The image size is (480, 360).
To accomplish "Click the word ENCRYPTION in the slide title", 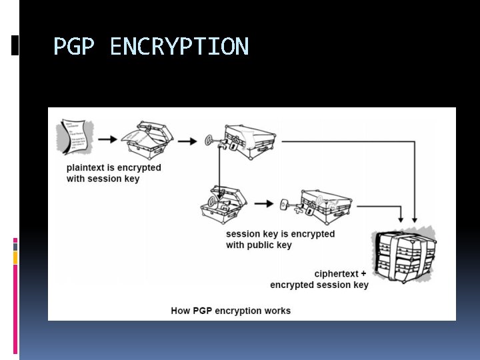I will [179, 47].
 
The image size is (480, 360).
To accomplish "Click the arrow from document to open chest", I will [107, 139].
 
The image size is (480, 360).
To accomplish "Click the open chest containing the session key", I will [224, 204].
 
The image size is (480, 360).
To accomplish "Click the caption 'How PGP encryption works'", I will [231, 311].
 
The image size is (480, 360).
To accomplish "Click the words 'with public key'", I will [259, 245].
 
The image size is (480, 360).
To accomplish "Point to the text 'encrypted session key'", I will [319, 285].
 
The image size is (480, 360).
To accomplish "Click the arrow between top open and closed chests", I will [187, 141].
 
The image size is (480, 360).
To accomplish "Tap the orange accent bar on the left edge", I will [15, 257].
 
